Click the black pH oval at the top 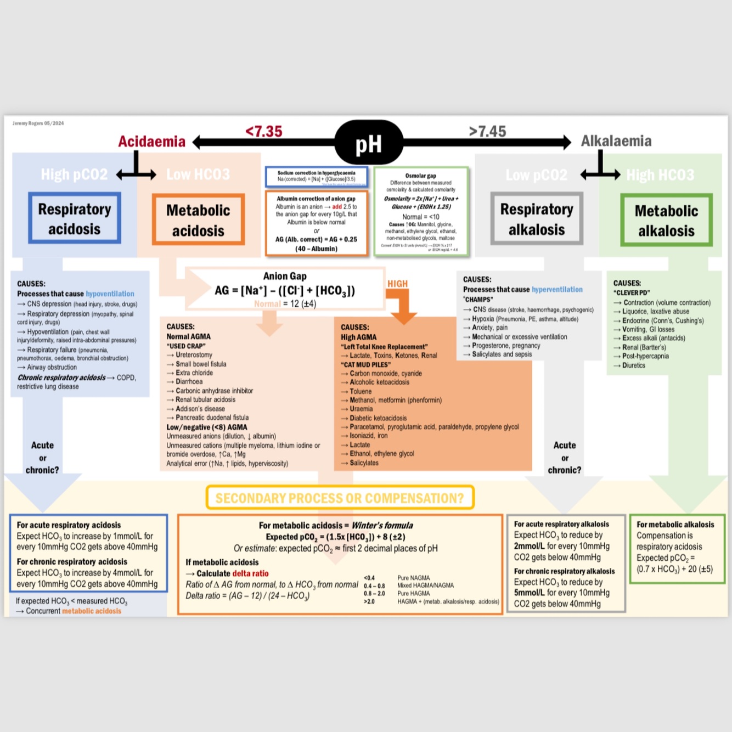(369, 143)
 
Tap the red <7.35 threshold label (264, 132)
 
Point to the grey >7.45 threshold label (487, 132)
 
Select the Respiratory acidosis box (75, 218)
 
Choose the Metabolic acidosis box (198, 219)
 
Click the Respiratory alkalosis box (536, 218)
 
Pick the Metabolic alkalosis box (666, 220)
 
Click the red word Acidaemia (152, 142)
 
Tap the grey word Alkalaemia (616, 141)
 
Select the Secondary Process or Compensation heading (340, 498)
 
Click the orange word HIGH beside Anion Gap (397, 284)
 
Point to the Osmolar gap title (421, 176)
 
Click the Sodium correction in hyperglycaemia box (316, 176)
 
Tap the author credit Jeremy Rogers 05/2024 (38, 123)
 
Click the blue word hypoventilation (110, 294)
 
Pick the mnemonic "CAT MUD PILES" (366, 364)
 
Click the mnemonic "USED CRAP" (186, 346)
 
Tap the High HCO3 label (660, 175)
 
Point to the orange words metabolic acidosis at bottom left (92, 611)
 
